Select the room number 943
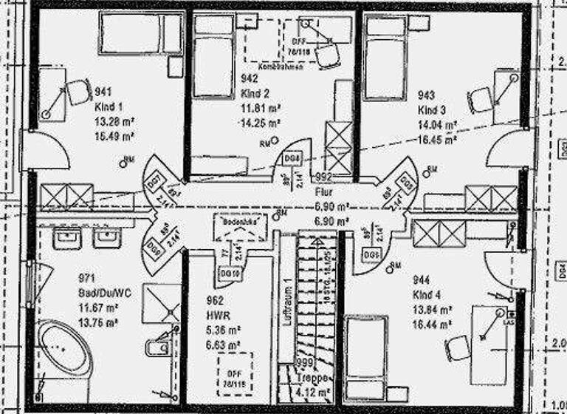click(427, 95)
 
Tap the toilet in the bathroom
click(162, 345)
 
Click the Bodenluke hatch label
click(234, 221)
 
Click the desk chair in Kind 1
click(77, 92)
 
